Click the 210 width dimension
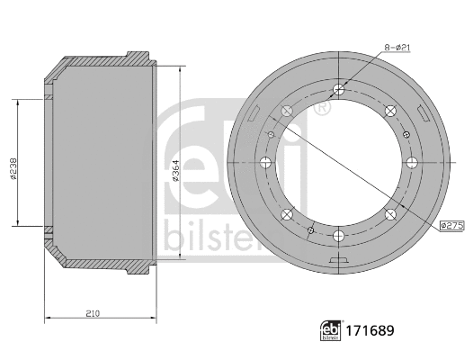(94, 312)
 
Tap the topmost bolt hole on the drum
(338, 89)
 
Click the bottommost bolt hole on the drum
(338, 237)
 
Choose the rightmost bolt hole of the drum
(412, 163)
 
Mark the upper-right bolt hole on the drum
(390, 111)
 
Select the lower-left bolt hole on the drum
(286, 215)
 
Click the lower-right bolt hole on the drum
(390, 215)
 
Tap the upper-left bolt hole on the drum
(286, 111)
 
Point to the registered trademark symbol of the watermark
(321, 106)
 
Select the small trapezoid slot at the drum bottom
(341, 263)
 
